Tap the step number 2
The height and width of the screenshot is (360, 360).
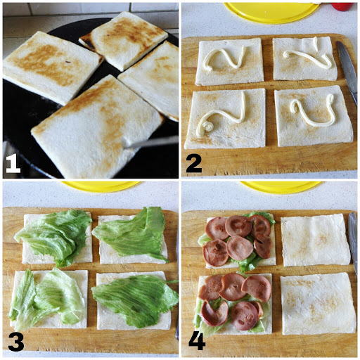[x=193, y=163]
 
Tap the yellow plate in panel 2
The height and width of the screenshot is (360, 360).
[x=271, y=11]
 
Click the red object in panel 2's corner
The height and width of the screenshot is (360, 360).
[x=343, y=6]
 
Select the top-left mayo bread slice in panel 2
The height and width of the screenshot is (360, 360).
[x=229, y=62]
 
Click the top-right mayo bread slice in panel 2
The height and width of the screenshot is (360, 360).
[x=304, y=59]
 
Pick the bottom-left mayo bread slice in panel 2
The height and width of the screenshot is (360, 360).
[x=225, y=117]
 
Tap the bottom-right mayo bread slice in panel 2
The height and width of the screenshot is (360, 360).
[x=313, y=115]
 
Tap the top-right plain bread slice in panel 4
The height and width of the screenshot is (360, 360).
[x=315, y=240]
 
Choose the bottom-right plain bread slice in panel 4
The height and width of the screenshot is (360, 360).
[x=317, y=303]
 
